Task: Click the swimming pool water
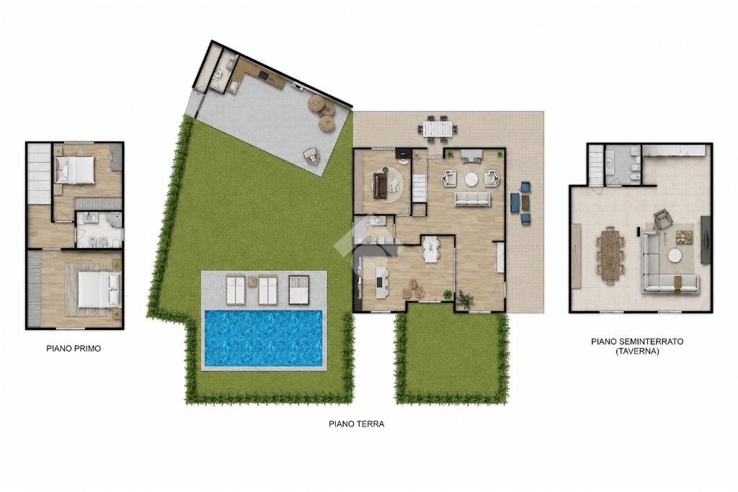click(x=264, y=337)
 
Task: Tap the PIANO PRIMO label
click(x=74, y=349)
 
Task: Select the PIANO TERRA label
click(x=356, y=424)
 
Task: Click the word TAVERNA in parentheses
click(x=637, y=351)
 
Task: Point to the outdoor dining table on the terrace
click(x=440, y=128)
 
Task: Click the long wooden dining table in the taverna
click(x=610, y=254)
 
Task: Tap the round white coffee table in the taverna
click(x=675, y=256)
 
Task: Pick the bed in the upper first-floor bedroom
click(x=75, y=169)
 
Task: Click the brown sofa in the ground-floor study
click(x=380, y=186)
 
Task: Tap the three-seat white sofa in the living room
click(x=472, y=199)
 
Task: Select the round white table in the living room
click(x=471, y=179)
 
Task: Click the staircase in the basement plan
click(x=595, y=165)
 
